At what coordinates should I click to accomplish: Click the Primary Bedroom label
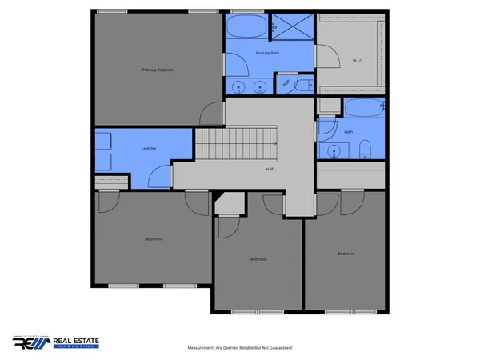158,70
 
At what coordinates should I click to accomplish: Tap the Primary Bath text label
267,53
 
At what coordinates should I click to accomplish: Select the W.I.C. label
358,60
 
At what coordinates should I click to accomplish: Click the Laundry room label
148,148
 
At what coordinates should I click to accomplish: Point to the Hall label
270,169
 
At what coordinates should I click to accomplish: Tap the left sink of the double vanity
238,86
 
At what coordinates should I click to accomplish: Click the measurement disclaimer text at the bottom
239,348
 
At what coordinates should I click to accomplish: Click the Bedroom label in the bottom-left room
154,239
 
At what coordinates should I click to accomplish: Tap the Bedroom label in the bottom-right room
346,254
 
